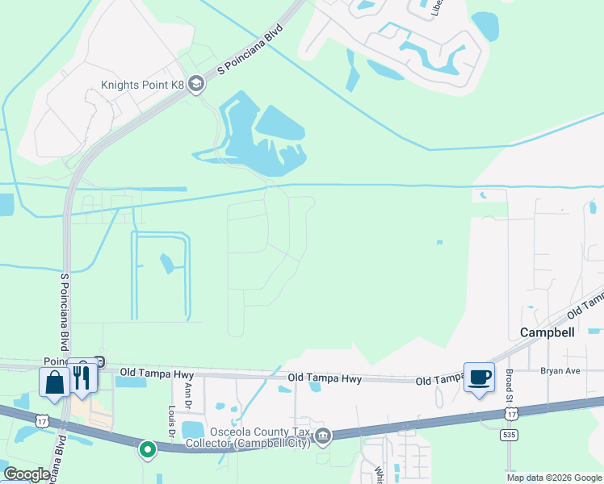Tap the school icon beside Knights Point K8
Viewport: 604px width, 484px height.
(x=196, y=84)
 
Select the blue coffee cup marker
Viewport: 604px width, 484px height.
(x=479, y=377)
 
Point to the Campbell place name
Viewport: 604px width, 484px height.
(x=546, y=332)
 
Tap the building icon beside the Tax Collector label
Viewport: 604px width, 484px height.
(x=322, y=436)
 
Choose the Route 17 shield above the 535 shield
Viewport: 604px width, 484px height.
(x=511, y=414)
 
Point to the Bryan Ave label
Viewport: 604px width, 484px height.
(x=560, y=371)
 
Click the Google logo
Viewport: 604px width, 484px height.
(x=27, y=474)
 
